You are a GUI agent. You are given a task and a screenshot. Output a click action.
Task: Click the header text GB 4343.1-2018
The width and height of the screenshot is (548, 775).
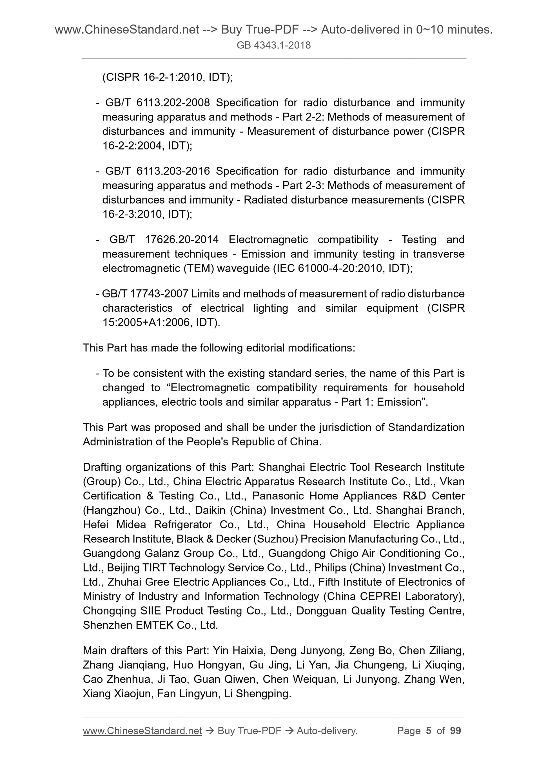tap(273, 45)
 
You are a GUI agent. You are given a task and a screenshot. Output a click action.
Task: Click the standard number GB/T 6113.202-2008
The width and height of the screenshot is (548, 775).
tap(157, 103)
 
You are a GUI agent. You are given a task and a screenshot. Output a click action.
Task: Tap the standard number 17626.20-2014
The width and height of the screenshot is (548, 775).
tap(182, 240)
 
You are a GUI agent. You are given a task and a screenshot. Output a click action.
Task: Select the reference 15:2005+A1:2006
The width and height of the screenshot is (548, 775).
tap(146, 323)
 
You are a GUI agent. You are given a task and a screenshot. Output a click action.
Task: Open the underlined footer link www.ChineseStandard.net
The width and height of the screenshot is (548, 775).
tap(142, 731)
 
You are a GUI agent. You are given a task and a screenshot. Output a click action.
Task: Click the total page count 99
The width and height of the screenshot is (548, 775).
tap(455, 731)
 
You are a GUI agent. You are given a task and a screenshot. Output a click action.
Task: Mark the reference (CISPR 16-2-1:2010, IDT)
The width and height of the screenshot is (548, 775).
tap(167, 77)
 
